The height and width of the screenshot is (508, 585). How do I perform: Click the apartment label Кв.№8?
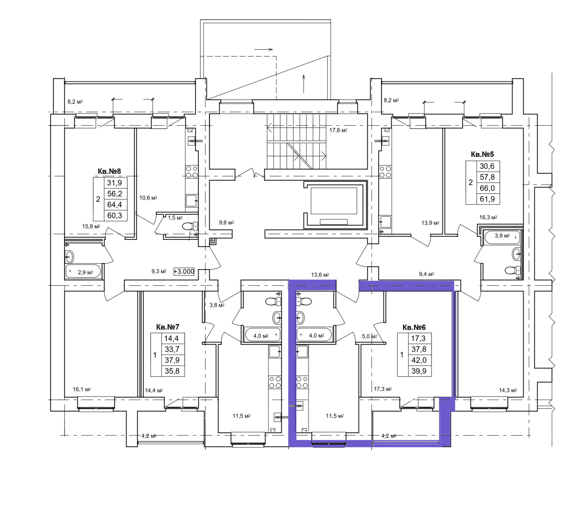109,171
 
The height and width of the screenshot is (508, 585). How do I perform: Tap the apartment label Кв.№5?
482,154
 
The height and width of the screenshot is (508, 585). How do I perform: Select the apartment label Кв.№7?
168,327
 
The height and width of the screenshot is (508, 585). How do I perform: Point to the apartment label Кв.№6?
414,327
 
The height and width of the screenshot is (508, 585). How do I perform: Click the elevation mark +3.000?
184,272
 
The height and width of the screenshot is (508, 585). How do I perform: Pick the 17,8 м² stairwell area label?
338,130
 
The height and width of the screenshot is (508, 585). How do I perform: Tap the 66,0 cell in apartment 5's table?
487,188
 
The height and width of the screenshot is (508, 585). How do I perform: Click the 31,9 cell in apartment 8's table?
114,183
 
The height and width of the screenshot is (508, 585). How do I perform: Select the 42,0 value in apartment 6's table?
419,360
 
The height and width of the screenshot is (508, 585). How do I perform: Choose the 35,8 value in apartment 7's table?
172,371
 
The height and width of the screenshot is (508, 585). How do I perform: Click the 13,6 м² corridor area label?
320,275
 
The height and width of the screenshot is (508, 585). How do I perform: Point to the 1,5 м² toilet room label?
175,218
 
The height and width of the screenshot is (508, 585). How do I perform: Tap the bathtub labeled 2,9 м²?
83,272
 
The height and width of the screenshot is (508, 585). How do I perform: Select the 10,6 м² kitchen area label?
148,198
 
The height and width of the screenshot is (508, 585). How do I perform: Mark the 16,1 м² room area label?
82,390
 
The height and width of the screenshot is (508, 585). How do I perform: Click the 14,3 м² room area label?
508,390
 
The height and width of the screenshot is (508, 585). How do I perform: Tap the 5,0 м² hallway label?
369,336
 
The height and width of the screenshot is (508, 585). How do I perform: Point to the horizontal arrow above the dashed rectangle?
264,49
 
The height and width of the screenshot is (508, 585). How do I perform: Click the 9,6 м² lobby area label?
226,223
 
